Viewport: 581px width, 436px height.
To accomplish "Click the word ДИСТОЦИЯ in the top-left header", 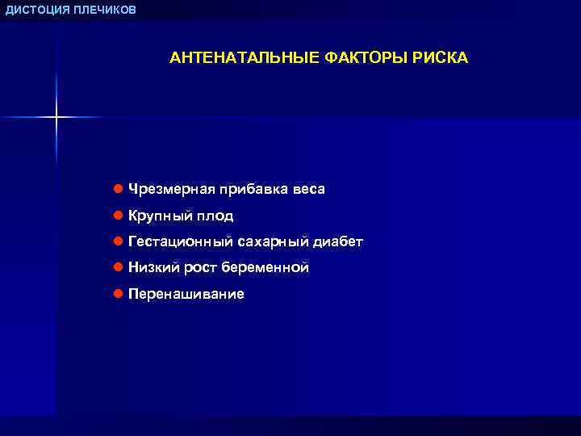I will [34, 9].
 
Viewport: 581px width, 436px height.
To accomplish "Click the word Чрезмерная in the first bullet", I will [170, 190].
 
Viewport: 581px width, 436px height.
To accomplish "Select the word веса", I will [309, 190].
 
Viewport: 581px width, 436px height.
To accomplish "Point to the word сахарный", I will [274, 241].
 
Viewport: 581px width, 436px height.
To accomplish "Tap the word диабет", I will [338, 241].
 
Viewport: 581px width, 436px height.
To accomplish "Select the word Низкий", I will [153, 267].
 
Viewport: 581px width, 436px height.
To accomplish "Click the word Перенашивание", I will [186, 294].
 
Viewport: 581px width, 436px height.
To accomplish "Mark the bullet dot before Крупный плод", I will [118, 216].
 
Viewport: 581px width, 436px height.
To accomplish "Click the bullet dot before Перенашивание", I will [118, 294].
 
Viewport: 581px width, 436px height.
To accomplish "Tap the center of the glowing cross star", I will [56, 118].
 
